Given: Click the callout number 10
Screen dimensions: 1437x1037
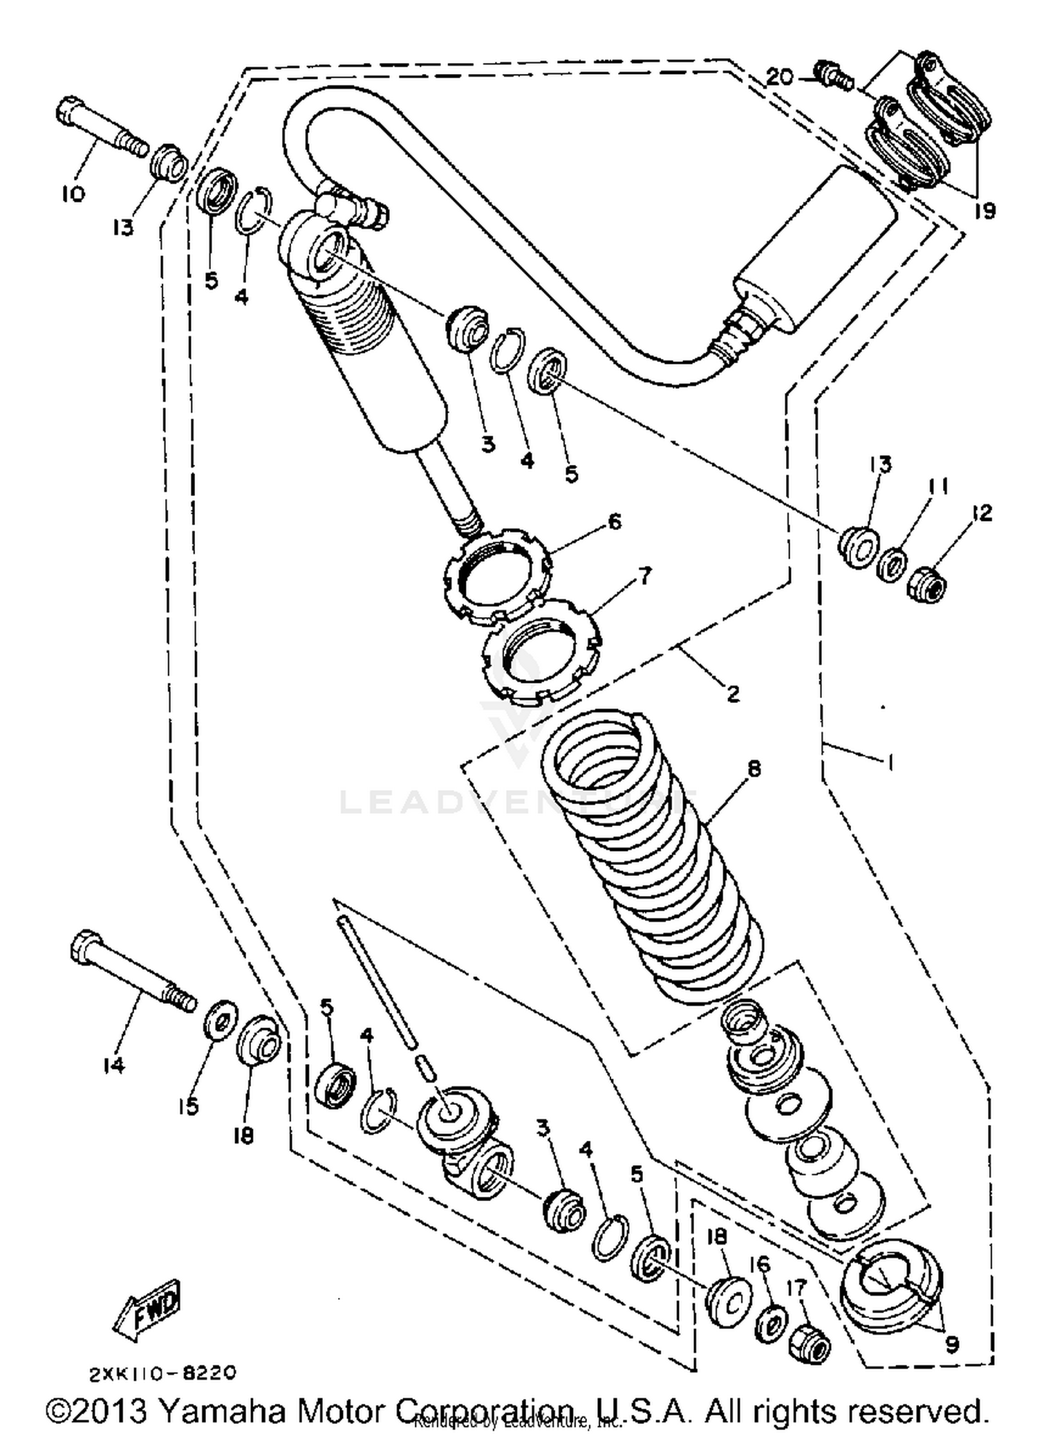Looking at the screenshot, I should click(x=72, y=194).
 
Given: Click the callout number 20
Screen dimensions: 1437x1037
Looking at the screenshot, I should click(x=778, y=77).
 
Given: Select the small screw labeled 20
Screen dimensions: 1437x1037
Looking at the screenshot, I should click(x=832, y=75).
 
